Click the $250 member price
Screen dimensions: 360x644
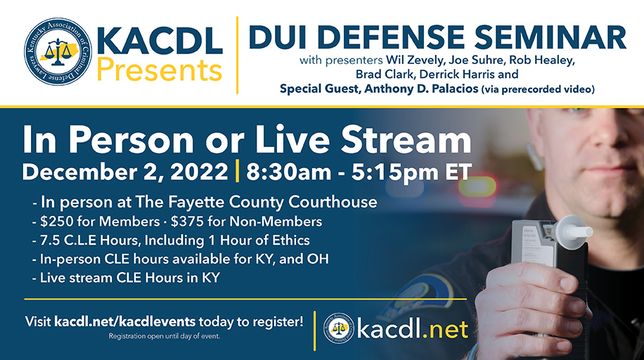(55, 221)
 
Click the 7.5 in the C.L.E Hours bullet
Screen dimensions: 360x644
(51, 240)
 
